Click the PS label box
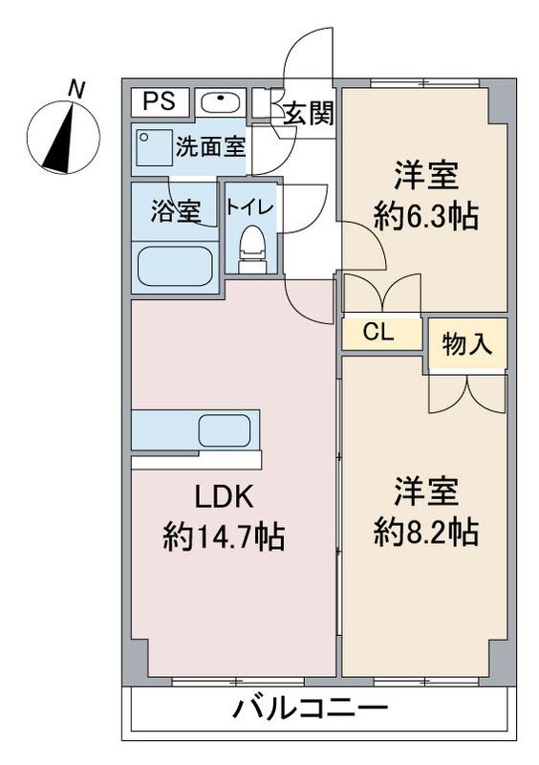[160, 100]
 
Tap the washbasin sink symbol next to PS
[220, 101]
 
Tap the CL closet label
[381, 333]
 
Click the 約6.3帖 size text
[425, 217]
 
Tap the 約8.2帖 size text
[425, 532]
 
